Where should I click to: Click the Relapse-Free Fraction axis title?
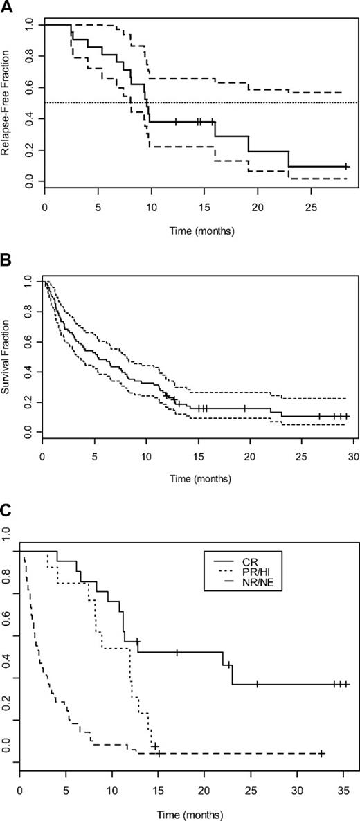tap(8, 104)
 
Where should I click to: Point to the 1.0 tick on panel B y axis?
tap(28, 283)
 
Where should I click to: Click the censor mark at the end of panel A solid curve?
tap(347, 167)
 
